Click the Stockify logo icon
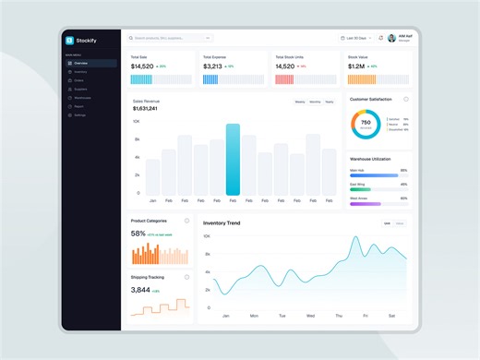68,40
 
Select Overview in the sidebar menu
80,63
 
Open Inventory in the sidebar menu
80,71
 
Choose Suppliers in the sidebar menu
80,89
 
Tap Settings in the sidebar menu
80,114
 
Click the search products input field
170,38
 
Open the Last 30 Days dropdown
355,38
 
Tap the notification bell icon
380,38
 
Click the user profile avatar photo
392,38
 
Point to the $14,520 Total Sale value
142,66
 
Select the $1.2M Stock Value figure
356,66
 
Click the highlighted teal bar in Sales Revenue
233,159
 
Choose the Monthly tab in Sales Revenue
315,102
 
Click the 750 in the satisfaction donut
366,122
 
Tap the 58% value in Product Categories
138,234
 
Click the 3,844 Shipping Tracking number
140,289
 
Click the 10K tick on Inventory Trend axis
207,236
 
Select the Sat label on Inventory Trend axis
392,316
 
